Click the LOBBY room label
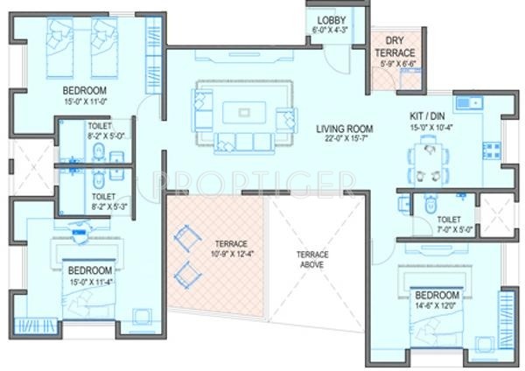click(332, 19)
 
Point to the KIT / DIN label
click(430, 115)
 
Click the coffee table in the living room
click(244, 111)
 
